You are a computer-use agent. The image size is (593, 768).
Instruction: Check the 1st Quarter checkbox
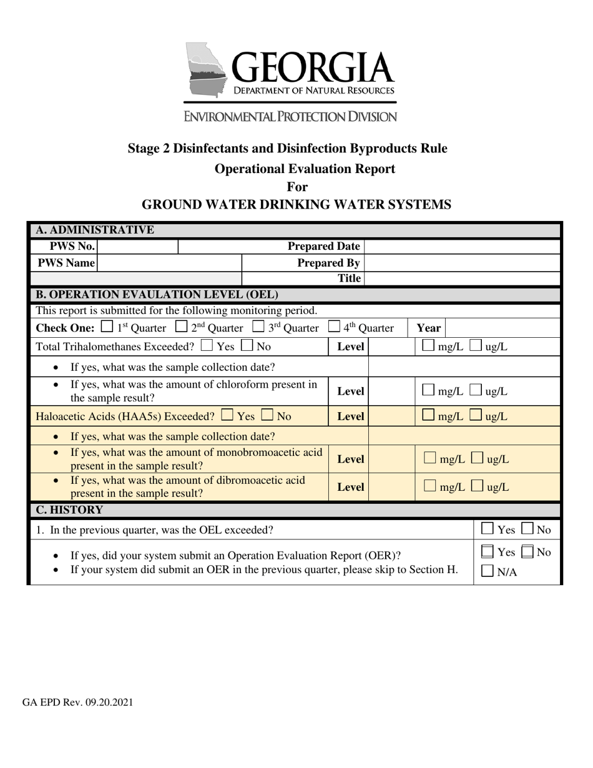[107, 327]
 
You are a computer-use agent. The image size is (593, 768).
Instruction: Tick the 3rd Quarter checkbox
[258, 327]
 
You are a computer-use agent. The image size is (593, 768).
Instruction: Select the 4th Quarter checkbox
[334, 327]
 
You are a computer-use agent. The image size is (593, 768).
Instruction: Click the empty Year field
[502, 328]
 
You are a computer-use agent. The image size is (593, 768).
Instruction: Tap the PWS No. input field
[137, 247]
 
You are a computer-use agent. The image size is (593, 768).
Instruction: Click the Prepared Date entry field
[461, 247]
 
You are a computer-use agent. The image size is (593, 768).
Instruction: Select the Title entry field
[461, 278]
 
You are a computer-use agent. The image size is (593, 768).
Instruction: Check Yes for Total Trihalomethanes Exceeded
[207, 345]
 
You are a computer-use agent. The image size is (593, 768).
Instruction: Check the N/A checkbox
[488, 570]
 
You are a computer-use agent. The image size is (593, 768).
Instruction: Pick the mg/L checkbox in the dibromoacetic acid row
[429, 486]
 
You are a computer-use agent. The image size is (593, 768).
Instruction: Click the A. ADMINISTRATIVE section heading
[95, 230]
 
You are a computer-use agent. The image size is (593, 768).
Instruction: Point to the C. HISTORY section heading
[69, 510]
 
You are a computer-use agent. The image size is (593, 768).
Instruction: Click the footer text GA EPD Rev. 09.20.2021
[77, 702]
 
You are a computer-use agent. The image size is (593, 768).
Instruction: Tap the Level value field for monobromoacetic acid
[391, 459]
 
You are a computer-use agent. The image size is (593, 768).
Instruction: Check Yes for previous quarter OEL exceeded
[488, 529]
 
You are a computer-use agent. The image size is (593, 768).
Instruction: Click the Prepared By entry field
[461, 263]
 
